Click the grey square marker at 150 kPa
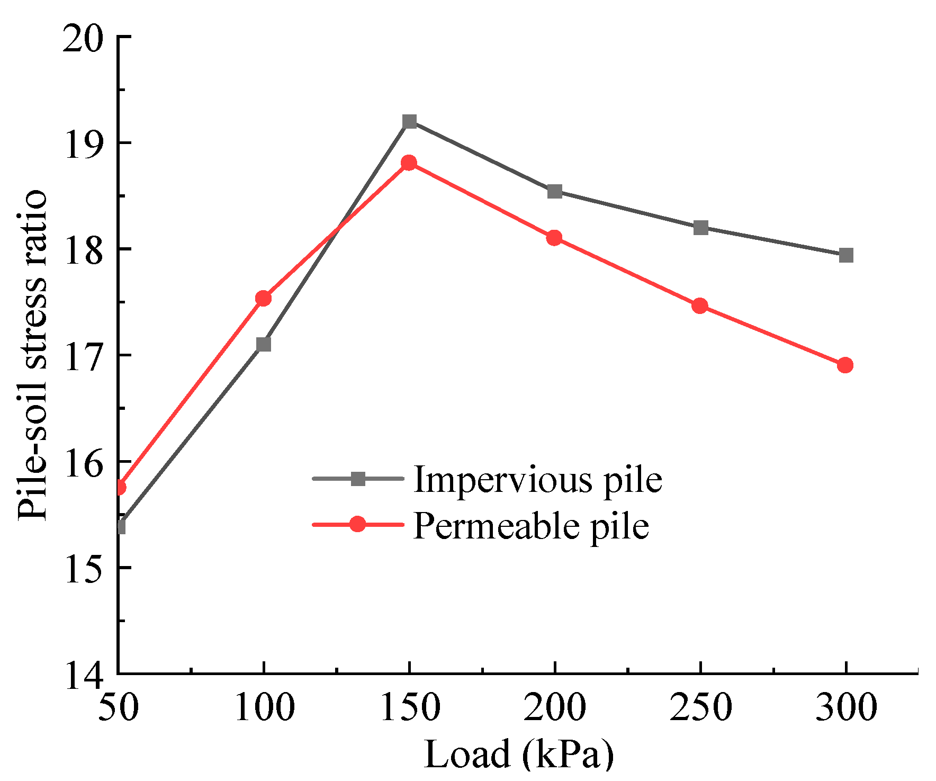pyautogui.click(x=409, y=122)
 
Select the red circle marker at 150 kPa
pyautogui.click(x=409, y=163)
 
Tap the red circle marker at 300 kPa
pyautogui.click(x=845, y=365)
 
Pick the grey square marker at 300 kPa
pyautogui.click(x=846, y=256)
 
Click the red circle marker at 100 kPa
pyautogui.click(x=264, y=299)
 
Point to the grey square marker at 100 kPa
pyautogui.click(x=264, y=345)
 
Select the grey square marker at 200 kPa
pyautogui.click(x=554, y=192)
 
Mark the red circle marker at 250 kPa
pyautogui.click(x=700, y=306)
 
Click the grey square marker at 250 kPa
pyautogui.click(x=700, y=228)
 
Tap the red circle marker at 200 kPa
pyautogui.click(x=554, y=238)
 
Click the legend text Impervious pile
pyautogui.click(x=537, y=480)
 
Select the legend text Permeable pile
pyautogui.click(x=531, y=526)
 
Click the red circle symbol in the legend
pyautogui.click(x=358, y=525)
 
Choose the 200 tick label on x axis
pyautogui.click(x=554, y=707)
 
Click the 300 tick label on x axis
pyautogui.click(x=846, y=707)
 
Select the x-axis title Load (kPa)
pyautogui.click(x=519, y=754)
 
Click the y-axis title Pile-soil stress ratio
pyautogui.click(x=33, y=355)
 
